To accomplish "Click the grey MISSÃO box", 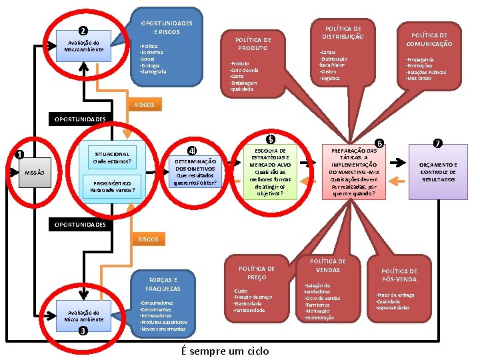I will [35, 173].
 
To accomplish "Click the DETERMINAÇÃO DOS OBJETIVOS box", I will [195, 171].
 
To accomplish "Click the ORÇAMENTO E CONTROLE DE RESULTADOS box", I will [439, 171].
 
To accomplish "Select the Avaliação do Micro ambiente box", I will [83, 315].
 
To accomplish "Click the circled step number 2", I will [82, 30].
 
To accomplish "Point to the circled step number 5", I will [270, 139].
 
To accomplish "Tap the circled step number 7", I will [437, 143].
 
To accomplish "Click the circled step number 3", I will [82, 331].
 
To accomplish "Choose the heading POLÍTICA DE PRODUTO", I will [253, 44].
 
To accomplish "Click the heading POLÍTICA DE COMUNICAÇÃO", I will [429, 39].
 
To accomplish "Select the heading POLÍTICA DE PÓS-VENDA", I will [399, 275].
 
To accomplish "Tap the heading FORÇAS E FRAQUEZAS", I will [162, 284].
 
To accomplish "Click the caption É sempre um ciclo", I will [225, 351].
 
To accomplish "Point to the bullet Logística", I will [331, 78].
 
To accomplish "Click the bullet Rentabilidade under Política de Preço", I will [249, 310].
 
